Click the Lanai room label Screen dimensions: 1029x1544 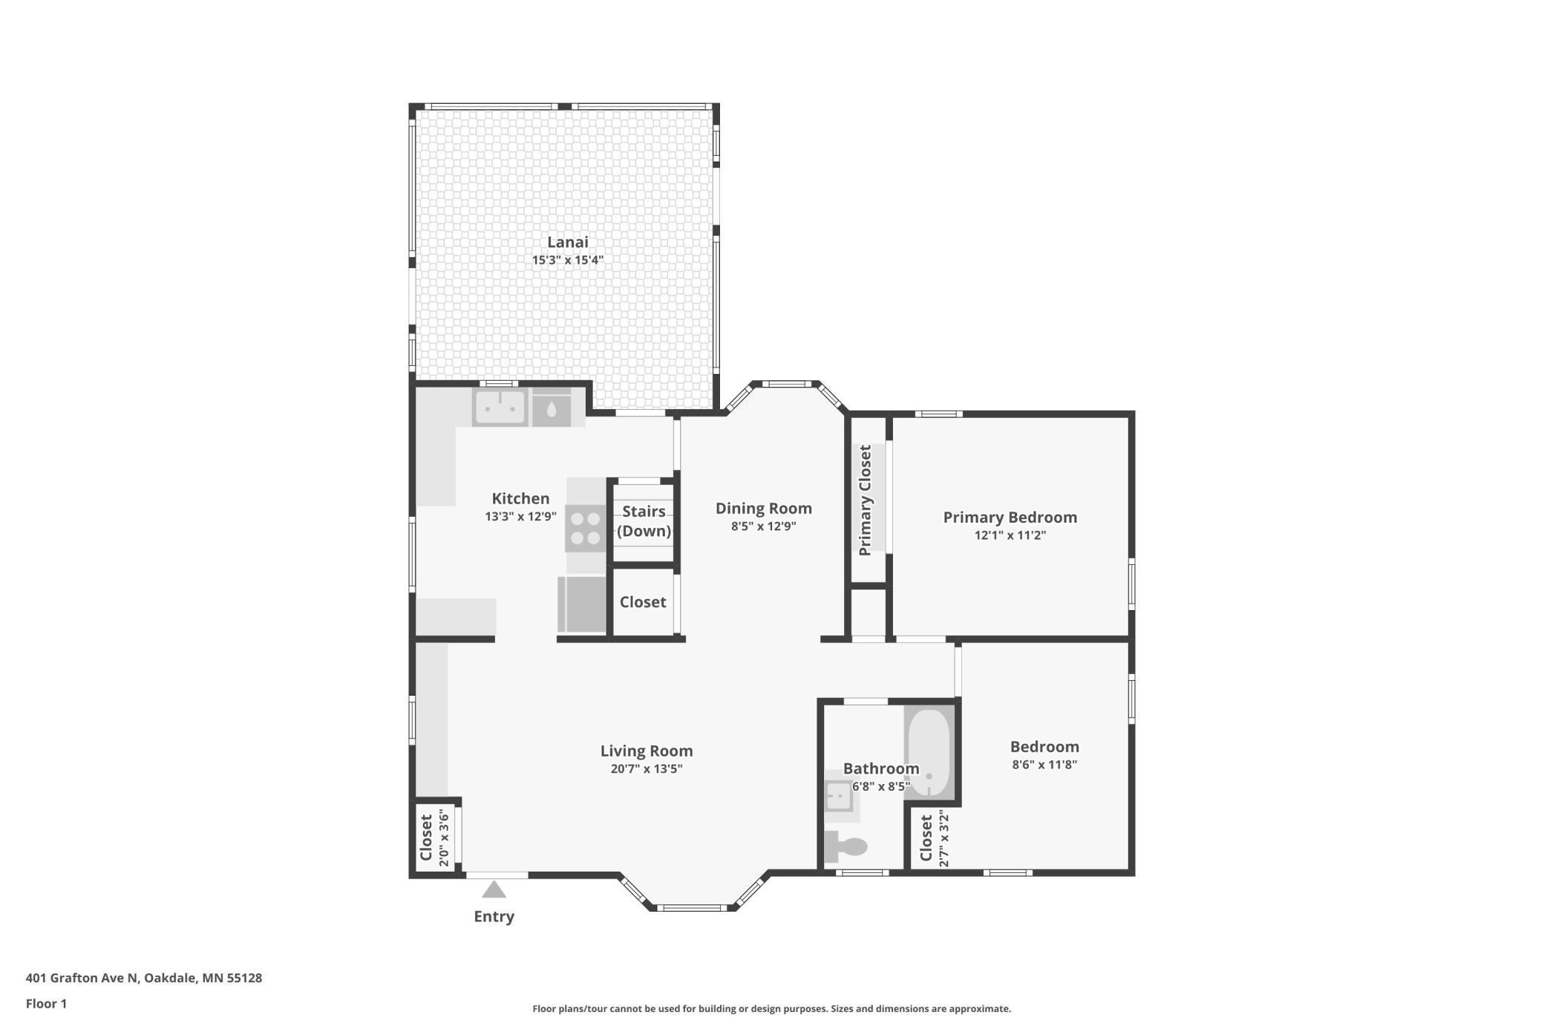pyautogui.click(x=567, y=242)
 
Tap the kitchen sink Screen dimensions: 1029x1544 pyautogui.click(x=500, y=408)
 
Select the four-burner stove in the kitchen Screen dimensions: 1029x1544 pyautogui.click(x=585, y=528)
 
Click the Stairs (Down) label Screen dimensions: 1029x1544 pyautogui.click(x=644, y=520)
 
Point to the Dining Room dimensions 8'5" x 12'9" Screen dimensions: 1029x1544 pyautogui.click(x=763, y=526)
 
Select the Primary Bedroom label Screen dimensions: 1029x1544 pyautogui.click(x=1010, y=517)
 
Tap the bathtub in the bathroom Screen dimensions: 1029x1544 pyautogui.click(x=928, y=752)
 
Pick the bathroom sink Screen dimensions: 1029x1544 pyautogui.click(x=839, y=797)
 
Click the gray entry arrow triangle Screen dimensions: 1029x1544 pyautogui.click(x=494, y=889)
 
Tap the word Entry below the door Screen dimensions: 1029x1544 pyautogui.click(x=494, y=916)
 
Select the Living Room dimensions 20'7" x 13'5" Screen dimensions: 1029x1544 pyautogui.click(x=646, y=769)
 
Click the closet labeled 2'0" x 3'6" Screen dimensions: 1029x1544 pyautogui.click(x=435, y=837)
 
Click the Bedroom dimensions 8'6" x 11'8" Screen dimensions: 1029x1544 pyautogui.click(x=1044, y=765)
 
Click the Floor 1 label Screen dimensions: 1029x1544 pyautogui.click(x=46, y=1004)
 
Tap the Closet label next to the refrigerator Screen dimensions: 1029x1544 pyautogui.click(x=643, y=602)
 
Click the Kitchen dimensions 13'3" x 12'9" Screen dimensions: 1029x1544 pyautogui.click(x=520, y=517)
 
